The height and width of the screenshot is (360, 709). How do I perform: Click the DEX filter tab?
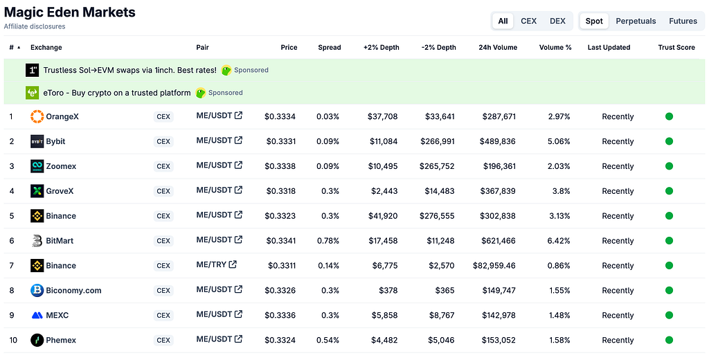pyautogui.click(x=557, y=21)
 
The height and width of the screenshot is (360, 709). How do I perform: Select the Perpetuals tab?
pyautogui.click(x=636, y=21)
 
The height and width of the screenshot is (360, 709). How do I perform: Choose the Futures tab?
pyautogui.click(x=683, y=21)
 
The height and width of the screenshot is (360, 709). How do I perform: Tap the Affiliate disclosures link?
pyautogui.click(x=35, y=26)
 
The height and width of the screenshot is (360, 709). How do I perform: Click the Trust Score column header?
pyautogui.click(x=676, y=48)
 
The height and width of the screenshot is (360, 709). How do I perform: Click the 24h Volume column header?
pyautogui.click(x=498, y=48)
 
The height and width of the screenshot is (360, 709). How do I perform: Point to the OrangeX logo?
pyautogui.click(x=37, y=116)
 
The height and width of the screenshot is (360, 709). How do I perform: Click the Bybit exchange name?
pyautogui.click(x=55, y=141)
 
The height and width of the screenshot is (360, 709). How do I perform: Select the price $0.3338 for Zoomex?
pyautogui.click(x=280, y=166)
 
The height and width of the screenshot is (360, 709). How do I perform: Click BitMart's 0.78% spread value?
pyautogui.click(x=327, y=241)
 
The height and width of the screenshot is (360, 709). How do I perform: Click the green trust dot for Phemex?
pyautogui.click(x=670, y=340)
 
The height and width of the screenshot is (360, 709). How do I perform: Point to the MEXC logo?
pyautogui.click(x=37, y=315)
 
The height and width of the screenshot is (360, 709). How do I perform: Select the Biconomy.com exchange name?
pyautogui.click(x=73, y=290)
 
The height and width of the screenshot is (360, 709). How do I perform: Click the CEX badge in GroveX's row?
pyautogui.click(x=163, y=191)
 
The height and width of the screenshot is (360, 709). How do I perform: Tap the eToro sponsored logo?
pyautogui.click(x=32, y=93)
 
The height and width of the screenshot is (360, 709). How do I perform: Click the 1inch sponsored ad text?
pyautogui.click(x=129, y=70)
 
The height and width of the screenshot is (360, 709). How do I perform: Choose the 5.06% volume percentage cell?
pyautogui.click(x=559, y=141)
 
